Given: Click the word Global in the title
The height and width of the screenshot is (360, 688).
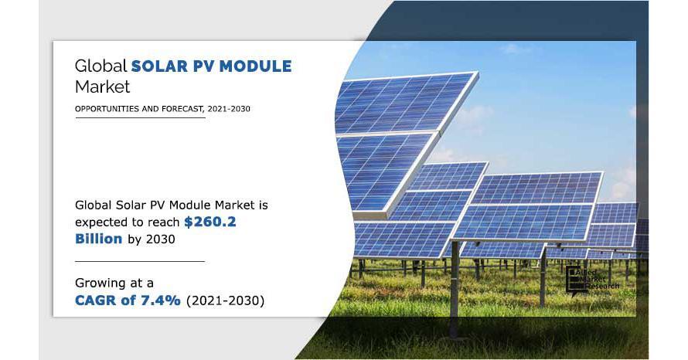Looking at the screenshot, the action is [x=101, y=66].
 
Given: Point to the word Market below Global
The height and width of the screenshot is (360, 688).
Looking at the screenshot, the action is [x=102, y=87].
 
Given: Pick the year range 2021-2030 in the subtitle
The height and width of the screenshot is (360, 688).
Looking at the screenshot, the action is [x=229, y=109].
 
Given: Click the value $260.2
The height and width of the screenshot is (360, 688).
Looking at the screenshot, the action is [x=210, y=222].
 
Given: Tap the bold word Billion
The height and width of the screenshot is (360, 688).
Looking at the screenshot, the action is [x=99, y=239].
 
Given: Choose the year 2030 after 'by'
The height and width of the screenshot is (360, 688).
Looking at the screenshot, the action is [x=160, y=239].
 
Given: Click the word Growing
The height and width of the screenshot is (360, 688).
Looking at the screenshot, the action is [x=98, y=284].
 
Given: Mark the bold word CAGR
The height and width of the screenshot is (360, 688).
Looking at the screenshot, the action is [x=95, y=301].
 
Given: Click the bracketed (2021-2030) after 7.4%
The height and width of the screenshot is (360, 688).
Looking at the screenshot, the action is [x=226, y=301].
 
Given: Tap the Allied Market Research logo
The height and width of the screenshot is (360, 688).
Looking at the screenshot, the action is [x=592, y=280].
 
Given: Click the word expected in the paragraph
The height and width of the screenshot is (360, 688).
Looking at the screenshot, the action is [x=100, y=222].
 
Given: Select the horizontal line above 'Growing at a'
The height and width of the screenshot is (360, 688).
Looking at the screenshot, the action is [x=140, y=261].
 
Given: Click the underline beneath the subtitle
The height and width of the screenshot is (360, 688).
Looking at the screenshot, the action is [x=140, y=117].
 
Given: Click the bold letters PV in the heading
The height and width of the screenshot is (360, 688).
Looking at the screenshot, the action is [x=203, y=66].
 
